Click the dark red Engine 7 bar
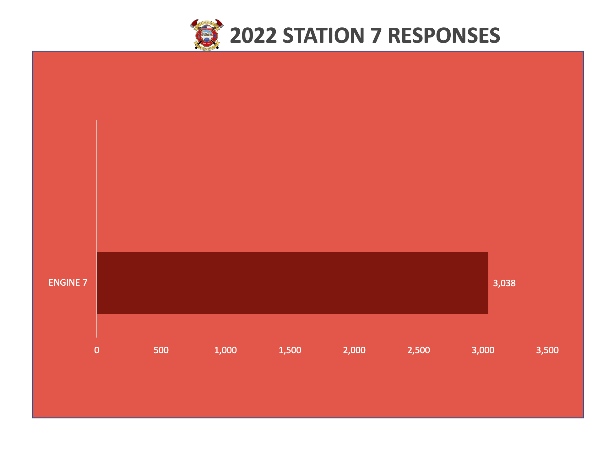292,283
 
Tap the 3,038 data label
504,283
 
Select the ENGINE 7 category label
68,282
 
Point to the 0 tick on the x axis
97,350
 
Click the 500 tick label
161,350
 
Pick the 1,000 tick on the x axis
225,350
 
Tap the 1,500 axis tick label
290,350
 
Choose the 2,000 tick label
354,350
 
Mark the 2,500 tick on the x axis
419,350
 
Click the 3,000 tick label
483,350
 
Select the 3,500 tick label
547,350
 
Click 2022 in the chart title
253,36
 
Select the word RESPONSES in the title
444,36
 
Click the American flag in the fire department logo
206,27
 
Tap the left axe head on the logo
194,24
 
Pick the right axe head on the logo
220,24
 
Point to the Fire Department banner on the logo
207,47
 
